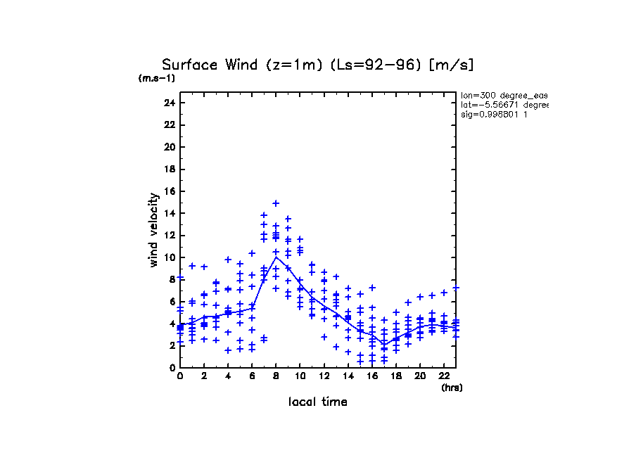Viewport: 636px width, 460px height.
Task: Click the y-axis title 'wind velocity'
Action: pos(154,232)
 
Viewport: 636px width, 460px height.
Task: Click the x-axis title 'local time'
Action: pos(318,402)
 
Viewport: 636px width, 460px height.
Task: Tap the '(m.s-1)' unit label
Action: pos(156,79)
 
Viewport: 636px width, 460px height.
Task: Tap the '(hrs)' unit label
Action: pos(452,388)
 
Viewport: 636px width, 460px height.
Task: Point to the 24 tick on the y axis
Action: pos(168,103)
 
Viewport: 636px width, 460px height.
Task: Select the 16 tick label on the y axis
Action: pos(168,191)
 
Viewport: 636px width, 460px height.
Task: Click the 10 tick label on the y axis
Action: pos(168,257)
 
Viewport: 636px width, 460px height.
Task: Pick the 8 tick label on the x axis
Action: pos(276,377)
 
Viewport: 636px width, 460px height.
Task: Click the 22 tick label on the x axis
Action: pos(444,377)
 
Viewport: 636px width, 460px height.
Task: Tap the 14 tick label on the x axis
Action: pos(348,377)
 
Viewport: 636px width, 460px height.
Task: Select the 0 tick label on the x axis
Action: pos(180,377)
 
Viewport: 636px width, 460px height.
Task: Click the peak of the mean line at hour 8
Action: pos(276,257)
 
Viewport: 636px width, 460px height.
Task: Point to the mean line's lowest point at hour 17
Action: pos(384,345)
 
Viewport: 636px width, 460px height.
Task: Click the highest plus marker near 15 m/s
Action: pos(276,203)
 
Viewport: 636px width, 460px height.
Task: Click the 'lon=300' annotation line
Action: pos(504,95)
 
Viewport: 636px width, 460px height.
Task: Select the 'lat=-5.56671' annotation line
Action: pos(504,105)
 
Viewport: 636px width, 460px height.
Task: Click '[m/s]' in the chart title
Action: pos(452,65)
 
